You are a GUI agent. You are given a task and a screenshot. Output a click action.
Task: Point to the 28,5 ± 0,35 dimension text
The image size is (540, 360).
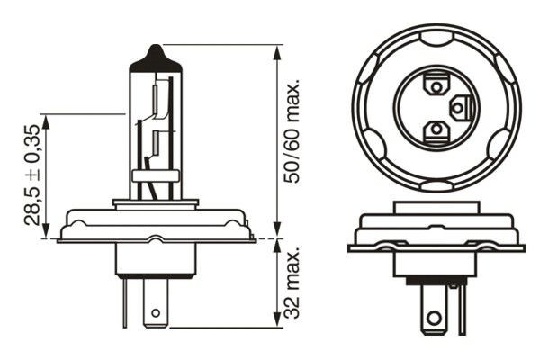32,175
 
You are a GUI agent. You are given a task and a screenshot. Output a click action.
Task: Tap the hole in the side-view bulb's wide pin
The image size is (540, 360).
157,314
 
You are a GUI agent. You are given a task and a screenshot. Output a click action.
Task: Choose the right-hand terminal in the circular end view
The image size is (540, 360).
459,109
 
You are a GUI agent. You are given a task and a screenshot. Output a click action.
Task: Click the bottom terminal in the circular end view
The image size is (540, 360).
436,131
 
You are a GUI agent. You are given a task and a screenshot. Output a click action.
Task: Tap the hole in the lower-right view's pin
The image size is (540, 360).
437,317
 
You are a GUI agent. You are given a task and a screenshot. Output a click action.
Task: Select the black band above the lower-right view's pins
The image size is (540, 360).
436,279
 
